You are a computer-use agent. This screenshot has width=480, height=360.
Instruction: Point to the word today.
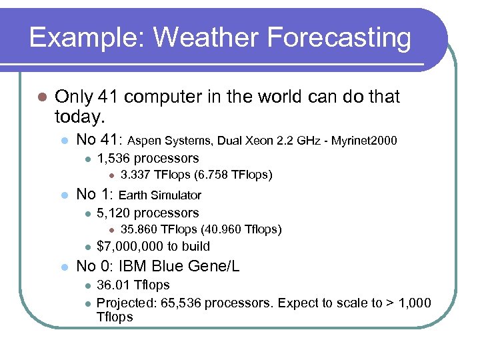click(x=80, y=118)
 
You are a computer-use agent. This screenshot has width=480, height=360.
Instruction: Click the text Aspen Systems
click(x=160, y=141)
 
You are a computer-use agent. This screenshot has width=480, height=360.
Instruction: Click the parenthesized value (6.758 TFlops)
click(x=231, y=175)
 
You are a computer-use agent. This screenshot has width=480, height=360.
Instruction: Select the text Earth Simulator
click(x=160, y=195)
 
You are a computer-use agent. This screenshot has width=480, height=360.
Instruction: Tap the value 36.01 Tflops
click(x=133, y=285)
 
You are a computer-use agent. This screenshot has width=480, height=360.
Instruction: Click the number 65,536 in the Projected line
click(x=182, y=303)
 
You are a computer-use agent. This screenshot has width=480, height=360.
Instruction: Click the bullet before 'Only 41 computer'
click(x=41, y=97)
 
